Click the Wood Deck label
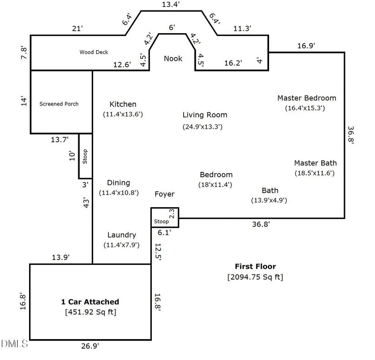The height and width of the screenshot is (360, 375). pos(94,52)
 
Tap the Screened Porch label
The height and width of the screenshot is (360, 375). pos(59,104)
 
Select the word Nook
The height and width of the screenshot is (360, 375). pos(173,59)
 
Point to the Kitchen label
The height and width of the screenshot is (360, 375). pos(123,105)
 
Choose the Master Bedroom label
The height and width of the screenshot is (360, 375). pos(307,98)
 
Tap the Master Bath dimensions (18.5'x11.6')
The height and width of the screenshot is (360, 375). pos(315,173)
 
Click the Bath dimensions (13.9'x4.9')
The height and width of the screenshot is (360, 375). pos(269,200)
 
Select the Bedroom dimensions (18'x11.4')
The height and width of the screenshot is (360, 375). pos(216,185)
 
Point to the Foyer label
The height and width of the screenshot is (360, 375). pos(164,195)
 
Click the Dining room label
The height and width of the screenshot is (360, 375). pos(118,183)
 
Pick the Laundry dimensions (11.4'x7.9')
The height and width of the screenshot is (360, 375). pos(121,245)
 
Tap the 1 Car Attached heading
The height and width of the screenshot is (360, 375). pos(90,302)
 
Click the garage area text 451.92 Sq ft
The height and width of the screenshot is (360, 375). pos(90,312)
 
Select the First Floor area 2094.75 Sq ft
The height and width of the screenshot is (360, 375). pos(255,277)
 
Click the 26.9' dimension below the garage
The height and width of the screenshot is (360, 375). pos(90,346)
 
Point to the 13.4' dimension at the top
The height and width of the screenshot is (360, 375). pos(171,5)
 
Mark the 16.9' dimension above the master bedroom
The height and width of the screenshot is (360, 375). pos(306,45)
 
